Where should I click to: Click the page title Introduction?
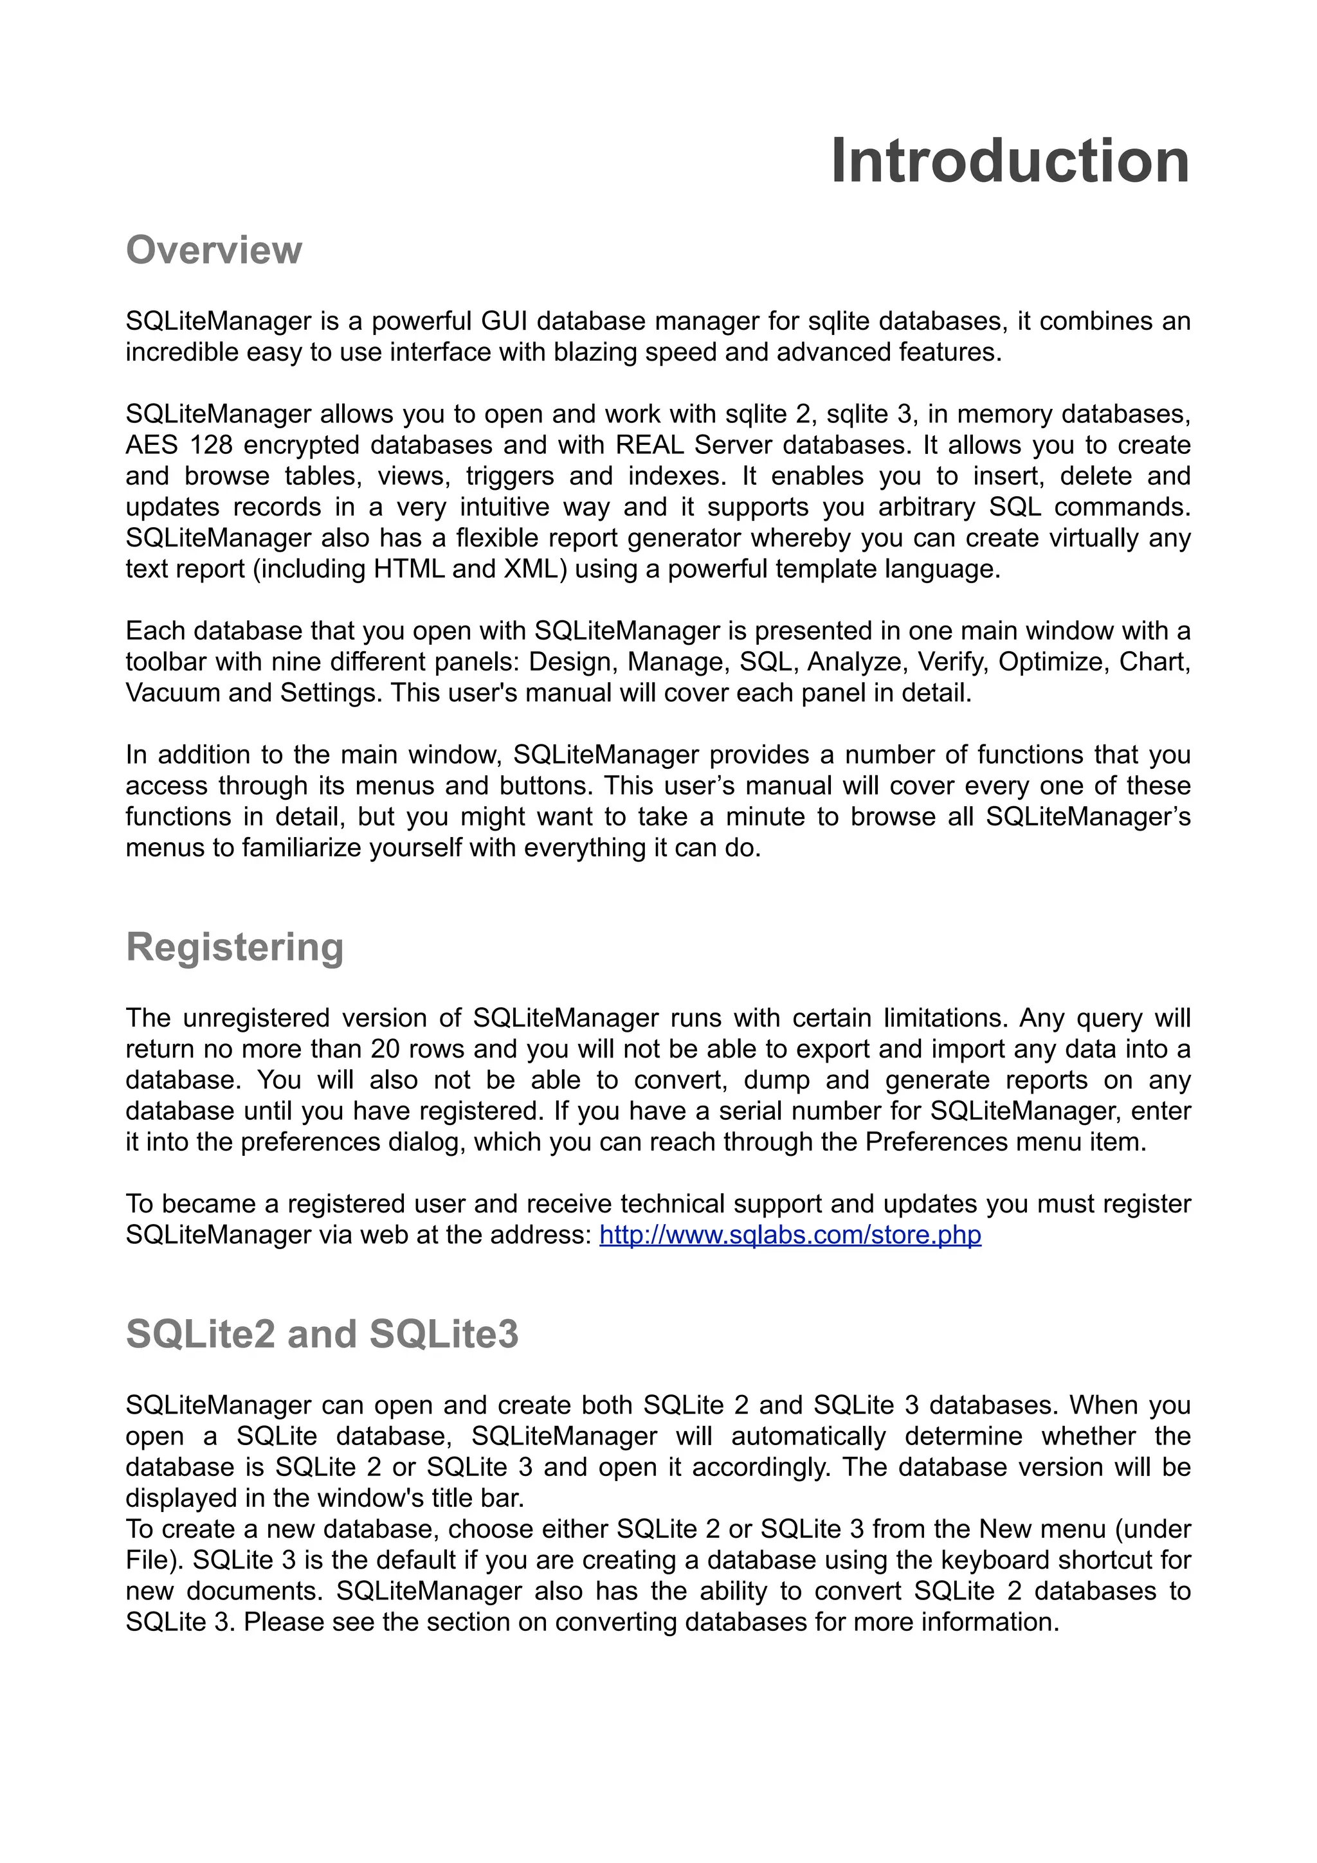(x=1010, y=161)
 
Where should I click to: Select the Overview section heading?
(x=213, y=250)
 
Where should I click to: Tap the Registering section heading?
(x=235, y=947)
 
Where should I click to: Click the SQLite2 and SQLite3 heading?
(x=322, y=1334)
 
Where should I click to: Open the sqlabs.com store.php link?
(x=790, y=1235)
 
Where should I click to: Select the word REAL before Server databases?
(x=650, y=446)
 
